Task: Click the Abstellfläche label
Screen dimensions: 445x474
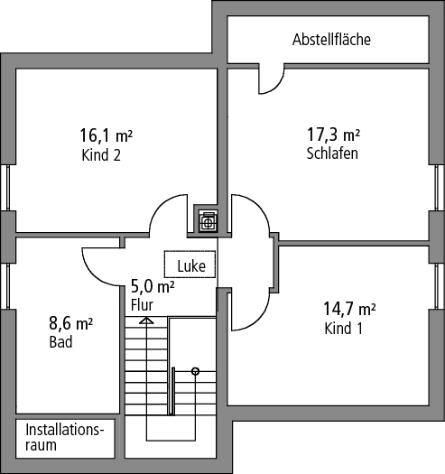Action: pyautogui.click(x=331, y=40)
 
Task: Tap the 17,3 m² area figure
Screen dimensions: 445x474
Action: pyautogui.click(x=333, y=135)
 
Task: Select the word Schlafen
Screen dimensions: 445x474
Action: pyautogui.click(x=332, y=153)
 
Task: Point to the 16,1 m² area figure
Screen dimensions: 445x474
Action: pyautogui.click(x=107, y=135)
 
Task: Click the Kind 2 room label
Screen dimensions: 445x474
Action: pyautogui.click(x=101, y=155)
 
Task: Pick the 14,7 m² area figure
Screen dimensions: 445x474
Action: pyautogui.click(x=349, y=309)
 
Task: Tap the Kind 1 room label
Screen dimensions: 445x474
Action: pyautogui.click(x=343, y=329)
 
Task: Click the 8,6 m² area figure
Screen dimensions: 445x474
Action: pyautogui.click(x=70, y=323)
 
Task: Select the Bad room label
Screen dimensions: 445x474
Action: pyautogui.click(x=60, y=342)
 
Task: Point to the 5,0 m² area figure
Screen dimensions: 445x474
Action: pyautogui.click(x=153, y=286)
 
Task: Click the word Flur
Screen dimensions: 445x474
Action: pyautogui.click(x=142, y=305)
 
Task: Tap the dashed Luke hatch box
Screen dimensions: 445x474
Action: pyautogui.click(x=190, y=265)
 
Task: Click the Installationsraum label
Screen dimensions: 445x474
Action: pyautogui.click(x=65, y=437)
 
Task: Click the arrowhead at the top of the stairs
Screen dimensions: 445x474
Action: pyautogui.click(x=146, y=321)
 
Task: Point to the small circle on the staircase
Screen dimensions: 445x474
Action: pyautogui.click(x=196, y=371)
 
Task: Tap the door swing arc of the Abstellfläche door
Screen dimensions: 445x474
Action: pyautogui.click(x=275, y=86)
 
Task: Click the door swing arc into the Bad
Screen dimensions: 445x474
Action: pyautogui.click(x=97, y=274)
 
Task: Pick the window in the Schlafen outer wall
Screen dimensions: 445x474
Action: pyautogui.click(x=437, y=188)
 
